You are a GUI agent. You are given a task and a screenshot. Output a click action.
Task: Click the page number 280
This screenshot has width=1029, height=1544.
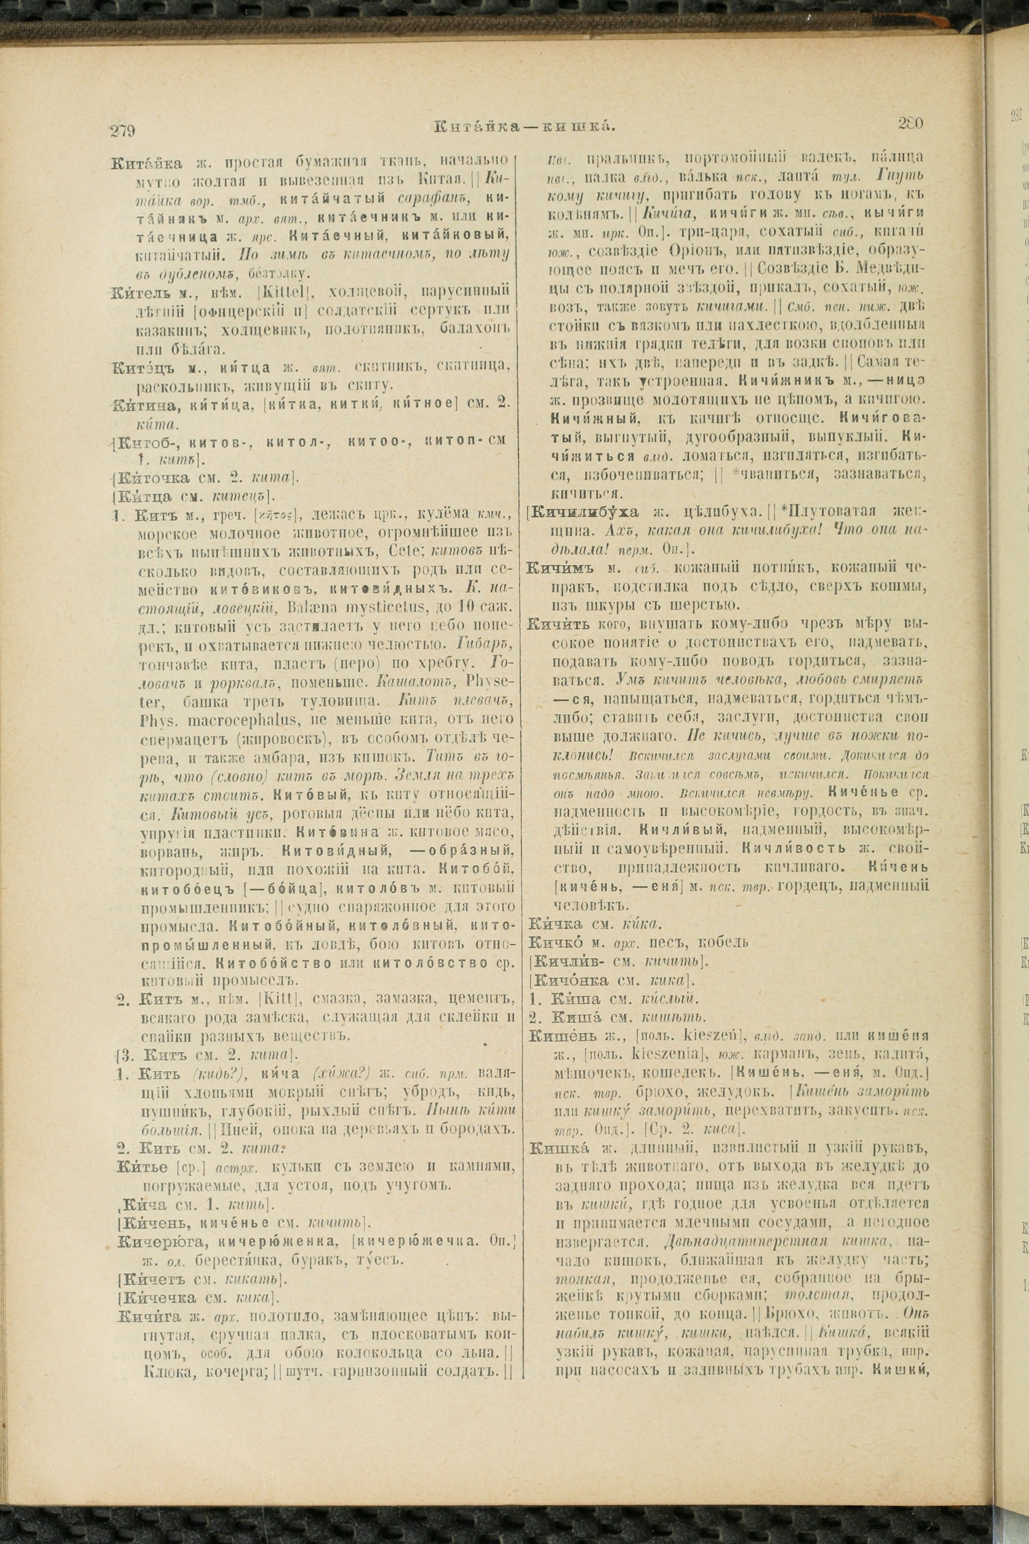[x=909, y=123]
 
